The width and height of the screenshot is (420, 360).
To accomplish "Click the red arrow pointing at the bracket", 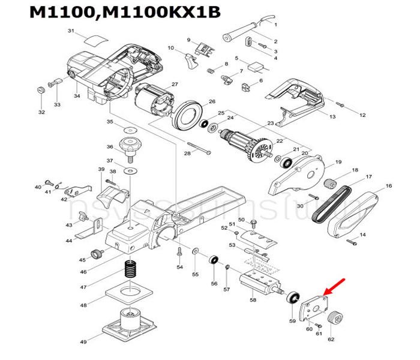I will point(336,284).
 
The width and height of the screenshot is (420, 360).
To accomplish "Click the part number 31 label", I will point(71,31).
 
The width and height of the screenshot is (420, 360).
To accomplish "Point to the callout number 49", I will point(83,342).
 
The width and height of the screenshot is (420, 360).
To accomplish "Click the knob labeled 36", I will point(128,145).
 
